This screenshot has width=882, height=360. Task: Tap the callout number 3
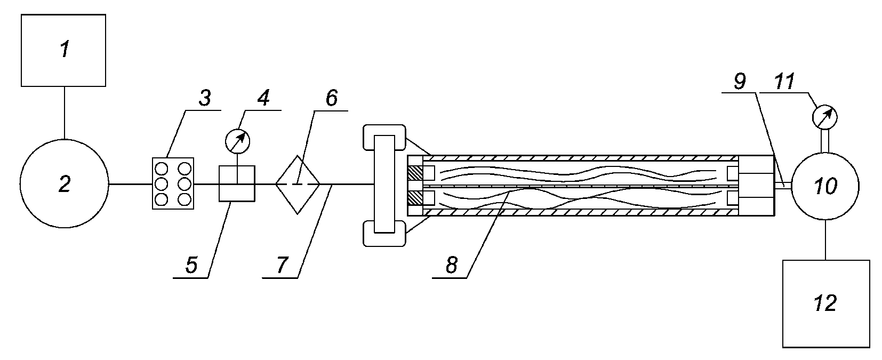tap(205, 98)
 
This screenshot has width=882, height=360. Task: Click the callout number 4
tap(263, 98)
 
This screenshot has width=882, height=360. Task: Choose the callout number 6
tap(332, 98)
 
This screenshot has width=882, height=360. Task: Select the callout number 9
tap(740, 81)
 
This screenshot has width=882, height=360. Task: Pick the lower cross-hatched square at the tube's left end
tap(415, 198)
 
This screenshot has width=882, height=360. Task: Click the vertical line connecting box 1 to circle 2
tap(64, 113)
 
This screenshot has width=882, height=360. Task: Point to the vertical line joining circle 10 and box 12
tap(825, 239)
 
